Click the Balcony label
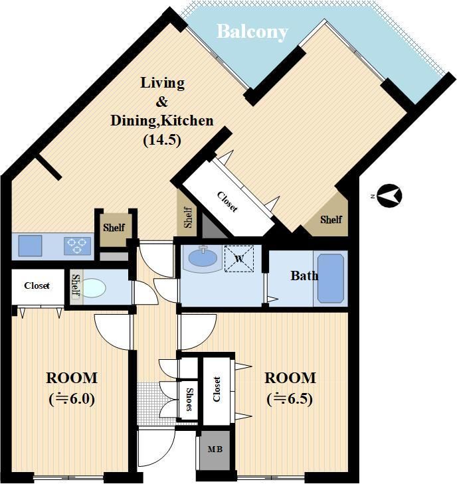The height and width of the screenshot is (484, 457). point(252,32)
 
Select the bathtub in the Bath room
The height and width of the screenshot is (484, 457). point(331,278)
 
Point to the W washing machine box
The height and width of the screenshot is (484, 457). point(239,259)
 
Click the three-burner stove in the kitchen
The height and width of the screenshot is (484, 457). point(77,246)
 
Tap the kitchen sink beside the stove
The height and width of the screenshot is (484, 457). point(30,246)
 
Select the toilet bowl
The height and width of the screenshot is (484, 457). point(94,288)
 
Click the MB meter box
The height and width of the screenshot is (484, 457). point(215,449)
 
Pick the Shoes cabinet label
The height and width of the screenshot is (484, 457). point(189,400)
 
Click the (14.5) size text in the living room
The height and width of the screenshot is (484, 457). point(162,140)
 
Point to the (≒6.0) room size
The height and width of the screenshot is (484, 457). point(72,399)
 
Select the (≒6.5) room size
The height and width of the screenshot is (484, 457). point(290,399)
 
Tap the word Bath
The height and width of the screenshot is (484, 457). point(304,276)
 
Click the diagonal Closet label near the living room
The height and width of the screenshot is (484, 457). point(228,202)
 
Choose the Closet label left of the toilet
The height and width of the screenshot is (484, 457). point(37,285)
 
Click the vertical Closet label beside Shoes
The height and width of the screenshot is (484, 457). point(217,389)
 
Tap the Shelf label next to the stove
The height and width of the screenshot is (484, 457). point(114,228)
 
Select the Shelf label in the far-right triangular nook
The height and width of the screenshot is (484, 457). point(331,220)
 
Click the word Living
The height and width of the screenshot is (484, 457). point(163,83)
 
